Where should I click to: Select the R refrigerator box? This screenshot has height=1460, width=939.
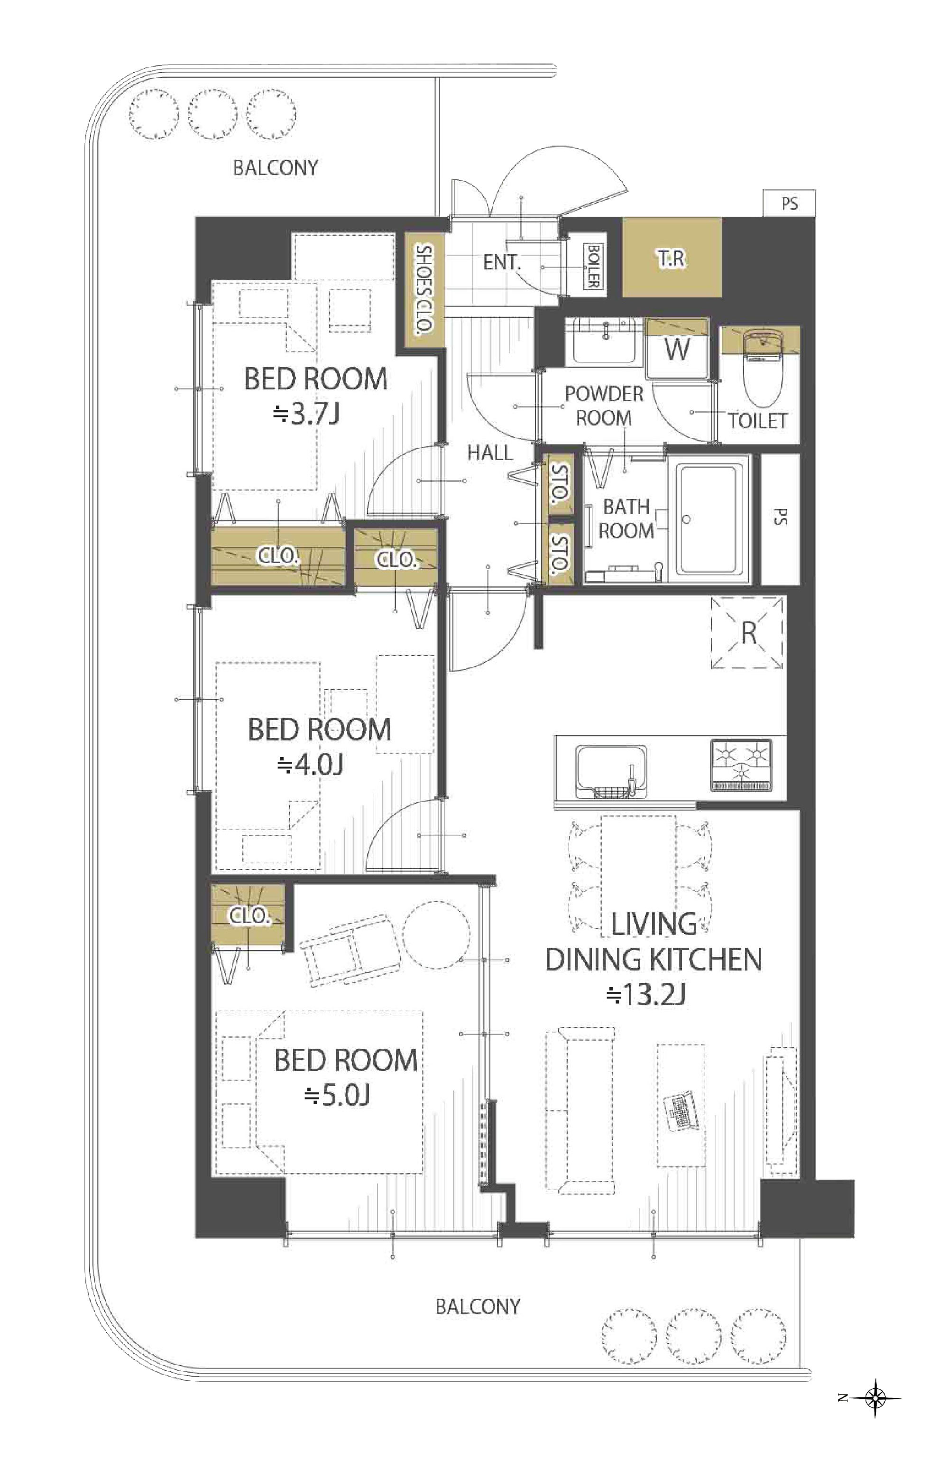pyautogui.click(x=747, y=632)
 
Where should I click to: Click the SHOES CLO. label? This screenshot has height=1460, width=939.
pyautogui.click(x=422, y=289)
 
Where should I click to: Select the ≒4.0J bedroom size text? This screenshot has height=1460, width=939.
pyautogui.click(x=310, y=764)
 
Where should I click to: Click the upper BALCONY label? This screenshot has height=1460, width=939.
pyautogui.click(x=276, y=168)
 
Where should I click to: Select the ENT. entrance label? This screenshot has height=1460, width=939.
pyautogui.click(x=502, y=263)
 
